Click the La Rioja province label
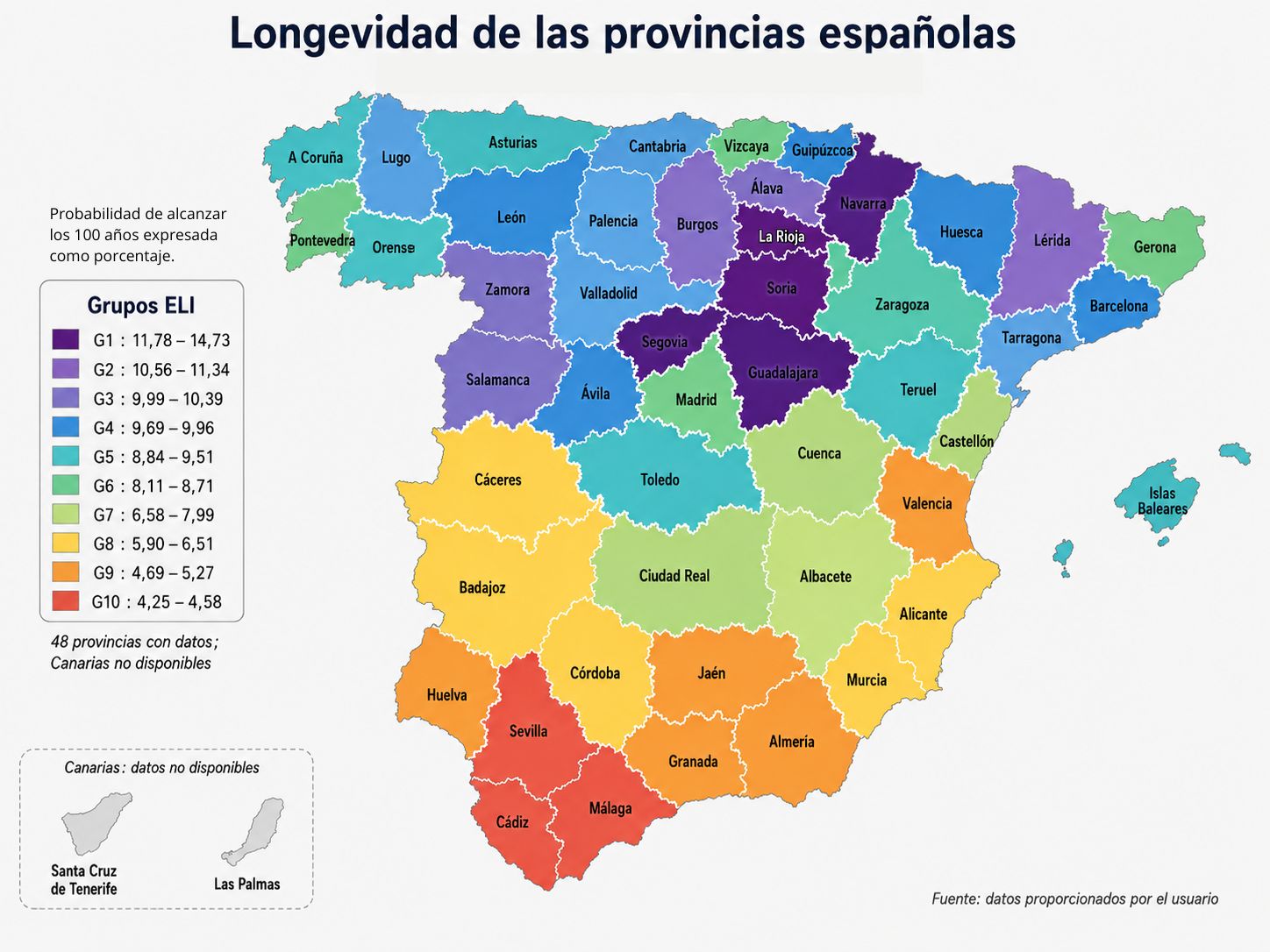click(x=781, y=237)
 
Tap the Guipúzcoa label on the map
click(x=822, y=150)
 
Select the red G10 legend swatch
click(x=66, y=601)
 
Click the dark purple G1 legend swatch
click(x=66, y=339)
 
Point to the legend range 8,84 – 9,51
click(x=173, y=457)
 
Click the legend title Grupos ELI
click(x=140, y=305)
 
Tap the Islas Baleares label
click(x=1162, y=501)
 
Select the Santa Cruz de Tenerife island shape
click(x=96, y=823)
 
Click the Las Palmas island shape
click(x=253, y=831)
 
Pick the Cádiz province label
click(x=512, y=821)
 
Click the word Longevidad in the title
click(x=344, y=34)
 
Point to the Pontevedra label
click(x=322, y=240)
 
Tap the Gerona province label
click(x=1154, y=247)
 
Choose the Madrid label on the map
click(x=696, y=400)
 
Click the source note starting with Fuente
click(x=1074, y=899)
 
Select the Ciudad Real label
click(x=674, y=576)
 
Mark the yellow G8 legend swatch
click(x=66, y=543)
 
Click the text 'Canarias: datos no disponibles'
click(x=161, y=767)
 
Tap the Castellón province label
click(x=966, y=441)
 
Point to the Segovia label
click(x=664, y=342)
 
